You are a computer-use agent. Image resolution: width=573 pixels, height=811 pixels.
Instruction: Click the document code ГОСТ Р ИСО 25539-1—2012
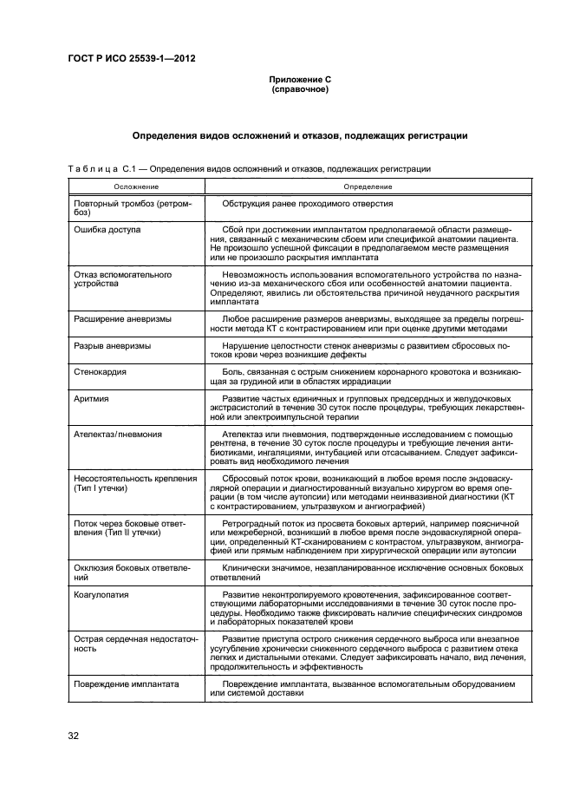coord(131,59)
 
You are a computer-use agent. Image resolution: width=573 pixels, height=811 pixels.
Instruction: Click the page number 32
coord(74,736)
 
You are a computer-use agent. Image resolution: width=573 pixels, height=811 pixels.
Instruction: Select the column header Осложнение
coord(136,186)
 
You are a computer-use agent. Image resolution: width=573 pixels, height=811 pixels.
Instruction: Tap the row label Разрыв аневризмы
coord(113,345)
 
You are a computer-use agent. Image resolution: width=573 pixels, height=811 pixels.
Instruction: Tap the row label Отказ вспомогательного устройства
coord(123,278)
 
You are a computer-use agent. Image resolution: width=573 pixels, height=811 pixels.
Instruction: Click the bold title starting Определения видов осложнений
coord(300,135)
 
